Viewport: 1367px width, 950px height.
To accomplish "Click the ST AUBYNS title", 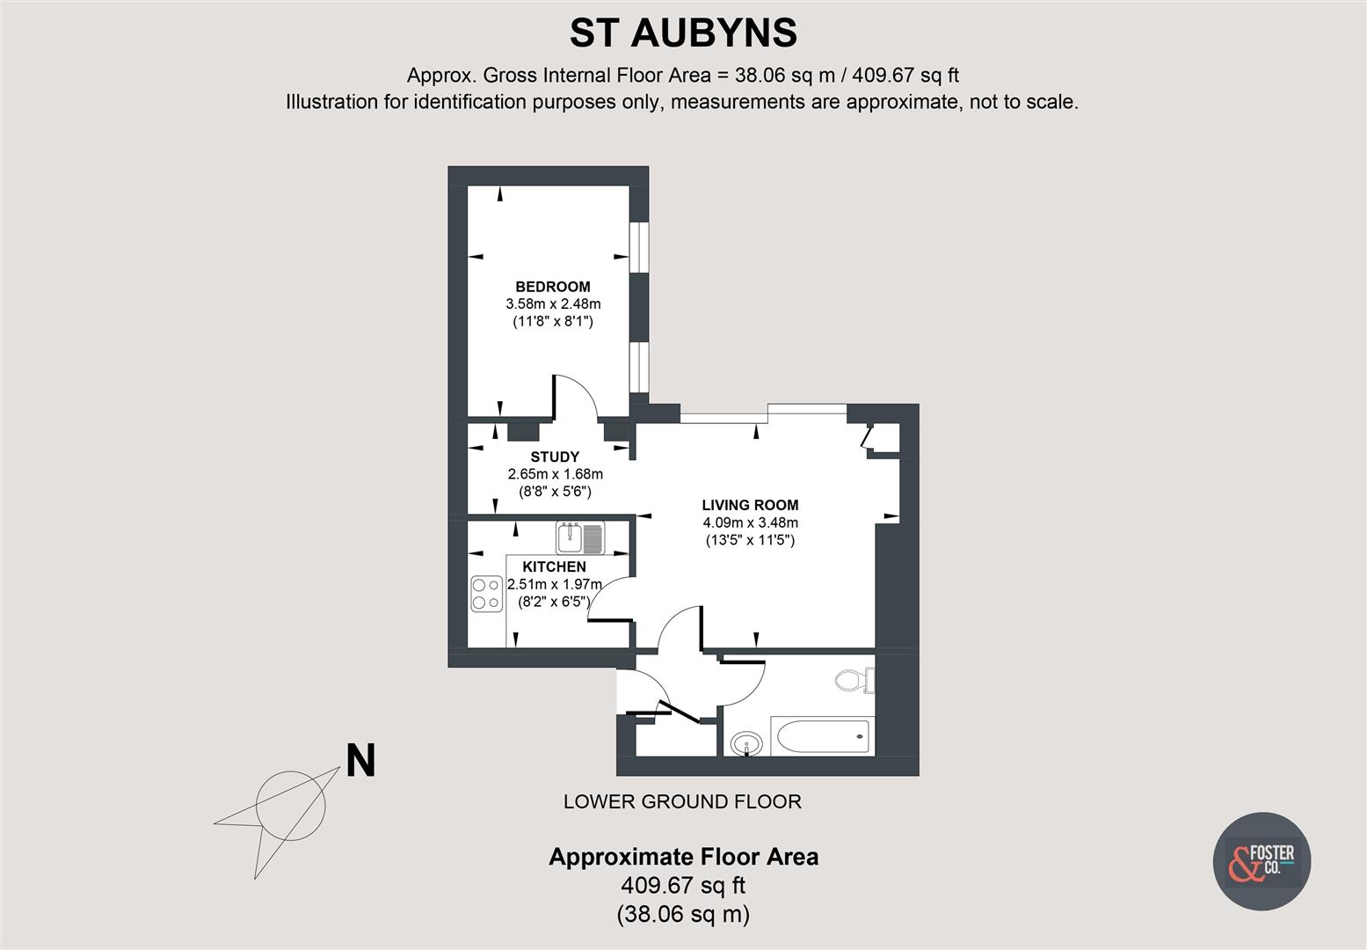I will click(x=683, y=33).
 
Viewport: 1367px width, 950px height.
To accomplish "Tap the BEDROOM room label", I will click(x=552, y=287).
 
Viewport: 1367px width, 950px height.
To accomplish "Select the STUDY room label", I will click(x=555, y=457).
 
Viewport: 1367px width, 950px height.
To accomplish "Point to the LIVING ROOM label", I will click(x=750, y=505).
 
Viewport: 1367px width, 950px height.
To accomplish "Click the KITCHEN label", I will click(x=554, y=566).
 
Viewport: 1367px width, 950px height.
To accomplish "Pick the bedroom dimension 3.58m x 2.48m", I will click(x=552, y=304).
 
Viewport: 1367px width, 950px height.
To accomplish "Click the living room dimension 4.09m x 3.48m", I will click(x=750, y=522).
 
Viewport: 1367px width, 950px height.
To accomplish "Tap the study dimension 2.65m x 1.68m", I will click(x=555, y=474).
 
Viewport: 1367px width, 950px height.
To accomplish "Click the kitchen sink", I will click(x=580, y=537).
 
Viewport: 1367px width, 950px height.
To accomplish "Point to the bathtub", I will click(x=821, y=735).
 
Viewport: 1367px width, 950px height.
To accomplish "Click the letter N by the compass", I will click(x=360, y=761).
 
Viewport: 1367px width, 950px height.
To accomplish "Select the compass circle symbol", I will click(x=290, y=803).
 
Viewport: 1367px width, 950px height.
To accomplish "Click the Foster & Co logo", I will click(x=1262, y=860).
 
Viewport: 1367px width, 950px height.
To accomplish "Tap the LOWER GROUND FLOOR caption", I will click(x=682, y=801).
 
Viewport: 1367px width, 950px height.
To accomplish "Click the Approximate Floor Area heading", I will click(x=683, y=857).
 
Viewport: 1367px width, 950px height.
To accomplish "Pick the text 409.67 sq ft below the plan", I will click(x=683, y=885).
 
